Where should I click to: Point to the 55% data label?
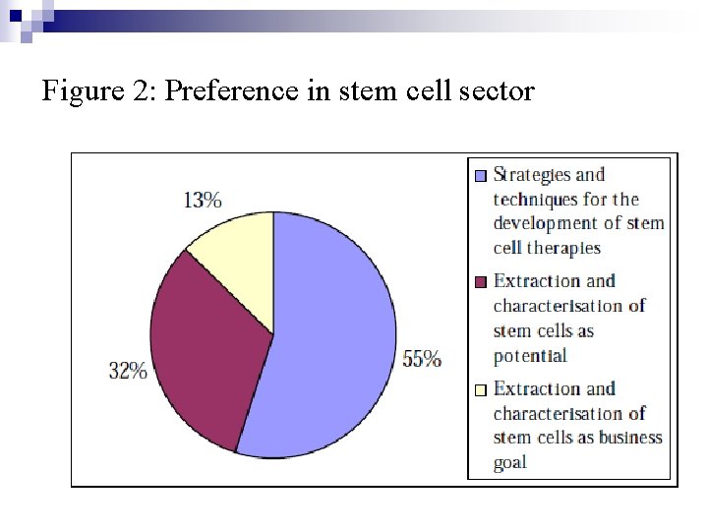[422, 360]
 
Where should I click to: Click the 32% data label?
[128, 371]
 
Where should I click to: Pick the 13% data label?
[203, 200]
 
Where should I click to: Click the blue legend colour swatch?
[480, 176]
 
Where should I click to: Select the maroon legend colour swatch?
[480, 282]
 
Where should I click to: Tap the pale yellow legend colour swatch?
[480, 389]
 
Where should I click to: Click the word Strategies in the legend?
[531, 175]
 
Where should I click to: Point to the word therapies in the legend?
[563, 248]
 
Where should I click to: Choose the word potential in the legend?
[530, 355]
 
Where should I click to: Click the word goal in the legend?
[510, 462]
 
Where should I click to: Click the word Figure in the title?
[82, 92]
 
